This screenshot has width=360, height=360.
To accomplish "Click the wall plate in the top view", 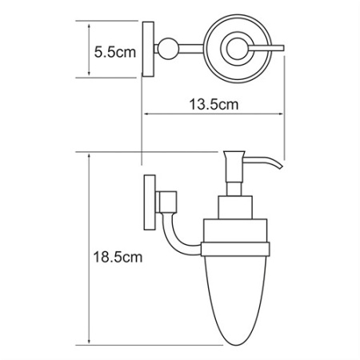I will pyautogui.click(x=147, y=50).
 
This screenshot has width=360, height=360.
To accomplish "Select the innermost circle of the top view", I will pyautogui.click(x=238, y=50).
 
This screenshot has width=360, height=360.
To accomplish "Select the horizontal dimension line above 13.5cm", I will pyautogui.click(x=212, y=114).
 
